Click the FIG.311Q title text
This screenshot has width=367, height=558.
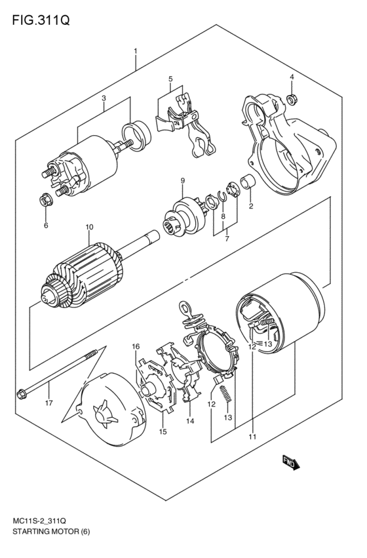click(x=41, y=20)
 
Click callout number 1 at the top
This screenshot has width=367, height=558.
click(x=135, y=52)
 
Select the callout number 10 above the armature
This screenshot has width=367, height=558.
click(x=89, y=227)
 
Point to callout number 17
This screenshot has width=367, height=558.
click(x=48, y=403)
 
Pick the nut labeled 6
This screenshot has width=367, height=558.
click(x=46, y=201)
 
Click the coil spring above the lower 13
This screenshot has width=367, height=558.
click(x=225, y=394)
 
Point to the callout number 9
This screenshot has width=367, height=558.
click(x=182, y=181)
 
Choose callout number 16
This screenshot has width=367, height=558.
click(x=136, y=346)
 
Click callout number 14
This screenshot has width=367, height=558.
click(x=190, y=422)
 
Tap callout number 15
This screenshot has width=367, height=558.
click(x=163, y=432)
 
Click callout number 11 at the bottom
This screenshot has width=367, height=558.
click(x=252, y=437)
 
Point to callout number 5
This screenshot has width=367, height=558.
click(x=170, y=78)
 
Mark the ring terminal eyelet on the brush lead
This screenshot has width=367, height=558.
click(x=185, y=308)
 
